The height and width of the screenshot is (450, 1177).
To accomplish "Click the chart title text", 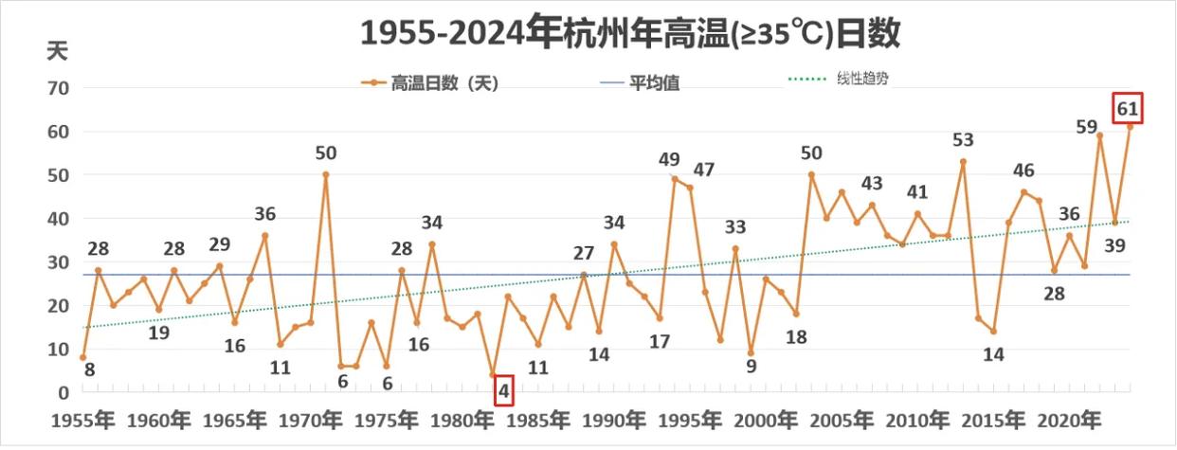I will (629, 33).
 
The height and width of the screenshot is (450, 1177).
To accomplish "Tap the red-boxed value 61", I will (1128, 108).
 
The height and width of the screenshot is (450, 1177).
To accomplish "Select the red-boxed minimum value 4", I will (504, 389).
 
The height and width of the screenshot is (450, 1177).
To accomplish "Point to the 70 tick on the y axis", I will (59, 88).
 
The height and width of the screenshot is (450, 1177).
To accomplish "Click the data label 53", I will (963, 141).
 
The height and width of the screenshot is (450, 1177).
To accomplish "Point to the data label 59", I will (1087, 126).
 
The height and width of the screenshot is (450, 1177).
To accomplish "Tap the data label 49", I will (669, 159).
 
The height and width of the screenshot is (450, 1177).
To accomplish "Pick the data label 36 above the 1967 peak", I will (264, 214).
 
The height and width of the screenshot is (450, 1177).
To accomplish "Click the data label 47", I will (703, 171).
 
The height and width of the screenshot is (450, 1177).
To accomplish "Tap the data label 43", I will (872, 183).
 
